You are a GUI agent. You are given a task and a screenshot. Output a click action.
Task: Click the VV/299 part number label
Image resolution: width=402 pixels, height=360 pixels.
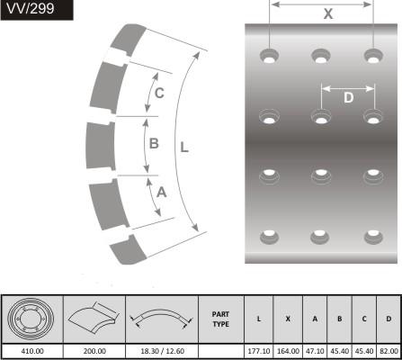[x=31, y=8]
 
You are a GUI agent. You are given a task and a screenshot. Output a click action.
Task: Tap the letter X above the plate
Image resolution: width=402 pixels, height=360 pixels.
[x=328, y=13]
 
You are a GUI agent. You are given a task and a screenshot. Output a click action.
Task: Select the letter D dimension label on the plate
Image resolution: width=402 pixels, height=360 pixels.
[x=348, y=98]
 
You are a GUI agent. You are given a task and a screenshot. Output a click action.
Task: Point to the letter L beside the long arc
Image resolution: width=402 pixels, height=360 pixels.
[x=184, y=148]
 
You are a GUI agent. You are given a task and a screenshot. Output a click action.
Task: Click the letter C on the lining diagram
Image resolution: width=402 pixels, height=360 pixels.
[x=159, y=93]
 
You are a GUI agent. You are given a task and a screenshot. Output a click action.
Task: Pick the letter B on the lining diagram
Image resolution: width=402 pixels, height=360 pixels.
[x=154, y=143]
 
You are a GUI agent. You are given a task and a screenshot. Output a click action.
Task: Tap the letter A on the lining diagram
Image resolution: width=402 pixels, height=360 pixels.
[x=161, y=193]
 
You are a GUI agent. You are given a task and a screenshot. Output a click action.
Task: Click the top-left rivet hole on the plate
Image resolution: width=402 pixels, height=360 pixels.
[x=269, y=56]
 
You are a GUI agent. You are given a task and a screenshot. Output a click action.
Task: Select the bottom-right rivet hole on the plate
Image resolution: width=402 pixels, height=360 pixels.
[x=373, y=237]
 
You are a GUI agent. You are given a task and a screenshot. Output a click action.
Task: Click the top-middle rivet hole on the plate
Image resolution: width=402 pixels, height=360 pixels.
[x=321, y=56]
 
